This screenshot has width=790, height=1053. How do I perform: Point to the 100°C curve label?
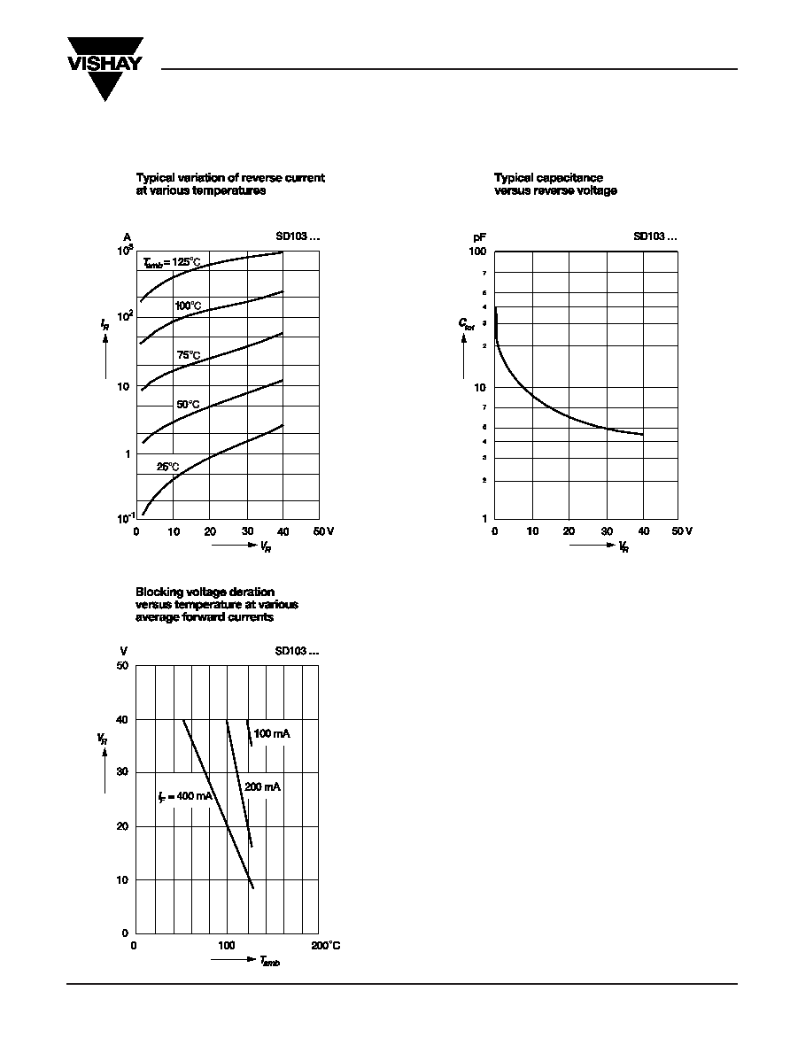pos(188,306)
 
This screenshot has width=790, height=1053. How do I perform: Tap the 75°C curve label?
pos(188,355)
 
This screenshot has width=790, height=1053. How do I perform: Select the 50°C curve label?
pos(188,404)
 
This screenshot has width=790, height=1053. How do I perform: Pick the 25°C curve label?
pos(168,466)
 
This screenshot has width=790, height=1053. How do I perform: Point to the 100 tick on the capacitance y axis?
pos(478,252)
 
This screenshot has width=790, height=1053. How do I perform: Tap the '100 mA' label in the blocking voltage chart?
pos(272,733)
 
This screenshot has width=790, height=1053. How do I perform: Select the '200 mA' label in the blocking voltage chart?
pos(262,786)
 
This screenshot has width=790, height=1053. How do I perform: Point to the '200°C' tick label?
pos(325,946)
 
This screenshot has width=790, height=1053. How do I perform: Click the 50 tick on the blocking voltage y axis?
pos(122,665)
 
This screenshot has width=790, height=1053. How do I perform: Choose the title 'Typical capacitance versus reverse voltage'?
pos(555,184)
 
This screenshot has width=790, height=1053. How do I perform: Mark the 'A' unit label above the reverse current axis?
pos(128,237)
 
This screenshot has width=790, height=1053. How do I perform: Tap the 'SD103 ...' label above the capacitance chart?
pos(655,236)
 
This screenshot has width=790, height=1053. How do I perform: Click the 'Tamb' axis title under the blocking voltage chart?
pos(270,962)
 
